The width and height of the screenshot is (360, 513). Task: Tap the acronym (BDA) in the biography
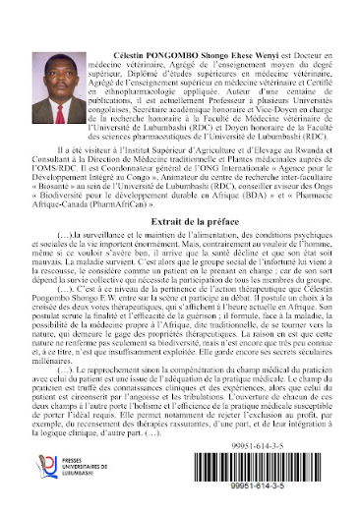click(x=263, y=184)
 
